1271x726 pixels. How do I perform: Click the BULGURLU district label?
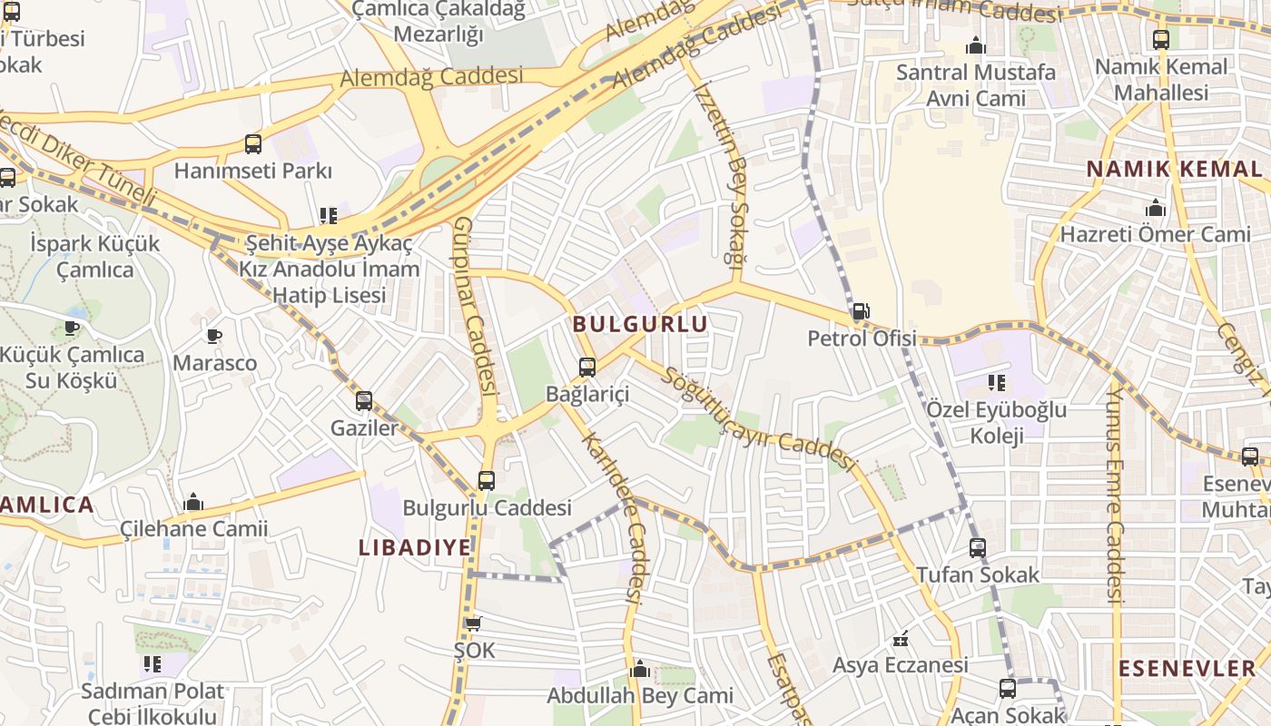pyautogui.click(x=640, y=323)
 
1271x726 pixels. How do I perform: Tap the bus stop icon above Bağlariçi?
pyautogui.click(x=587, y=368)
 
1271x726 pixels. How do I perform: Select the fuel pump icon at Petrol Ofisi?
pyautogui.click(x=860, y=312)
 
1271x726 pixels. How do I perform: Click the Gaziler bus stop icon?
pyautogui.click(x=364, y=400)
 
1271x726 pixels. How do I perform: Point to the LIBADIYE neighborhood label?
pyautogui.click(x=415, y=547)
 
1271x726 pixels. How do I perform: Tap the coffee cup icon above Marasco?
pyautogui.click(x=214, y=337)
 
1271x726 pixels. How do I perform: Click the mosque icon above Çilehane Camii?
pyautogui.click(x=193, y=503)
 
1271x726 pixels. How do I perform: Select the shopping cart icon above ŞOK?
pyautogui.click(x=473, y=623)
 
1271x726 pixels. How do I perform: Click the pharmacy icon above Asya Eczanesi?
pyautogui.click(x=901, y=639)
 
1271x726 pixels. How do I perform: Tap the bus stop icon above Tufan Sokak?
pyautogui.click(x=978, y=547)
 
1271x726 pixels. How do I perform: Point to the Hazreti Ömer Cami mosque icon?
pyautogui.click(x=1156, y=208)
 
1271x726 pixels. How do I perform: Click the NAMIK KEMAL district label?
pyautogui.click(x=1174, y=169)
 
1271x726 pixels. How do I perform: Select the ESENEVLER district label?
pyautogui.click(x=1187, y=669)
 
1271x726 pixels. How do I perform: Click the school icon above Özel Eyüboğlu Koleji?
pyautogui.click(x=997, y=383)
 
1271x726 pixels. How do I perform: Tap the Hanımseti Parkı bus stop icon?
pyautogui.click(x=253, y=143)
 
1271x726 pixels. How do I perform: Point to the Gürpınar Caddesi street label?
pyautogui.click(x=476, y=306)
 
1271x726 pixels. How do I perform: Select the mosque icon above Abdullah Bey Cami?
pyautogui.click(x=639, y=670)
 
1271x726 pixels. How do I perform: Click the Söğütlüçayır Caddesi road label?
pyautogui.click(x=759, y=419)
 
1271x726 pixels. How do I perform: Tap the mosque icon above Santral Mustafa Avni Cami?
pyautogui.click(x=976, y=45)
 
